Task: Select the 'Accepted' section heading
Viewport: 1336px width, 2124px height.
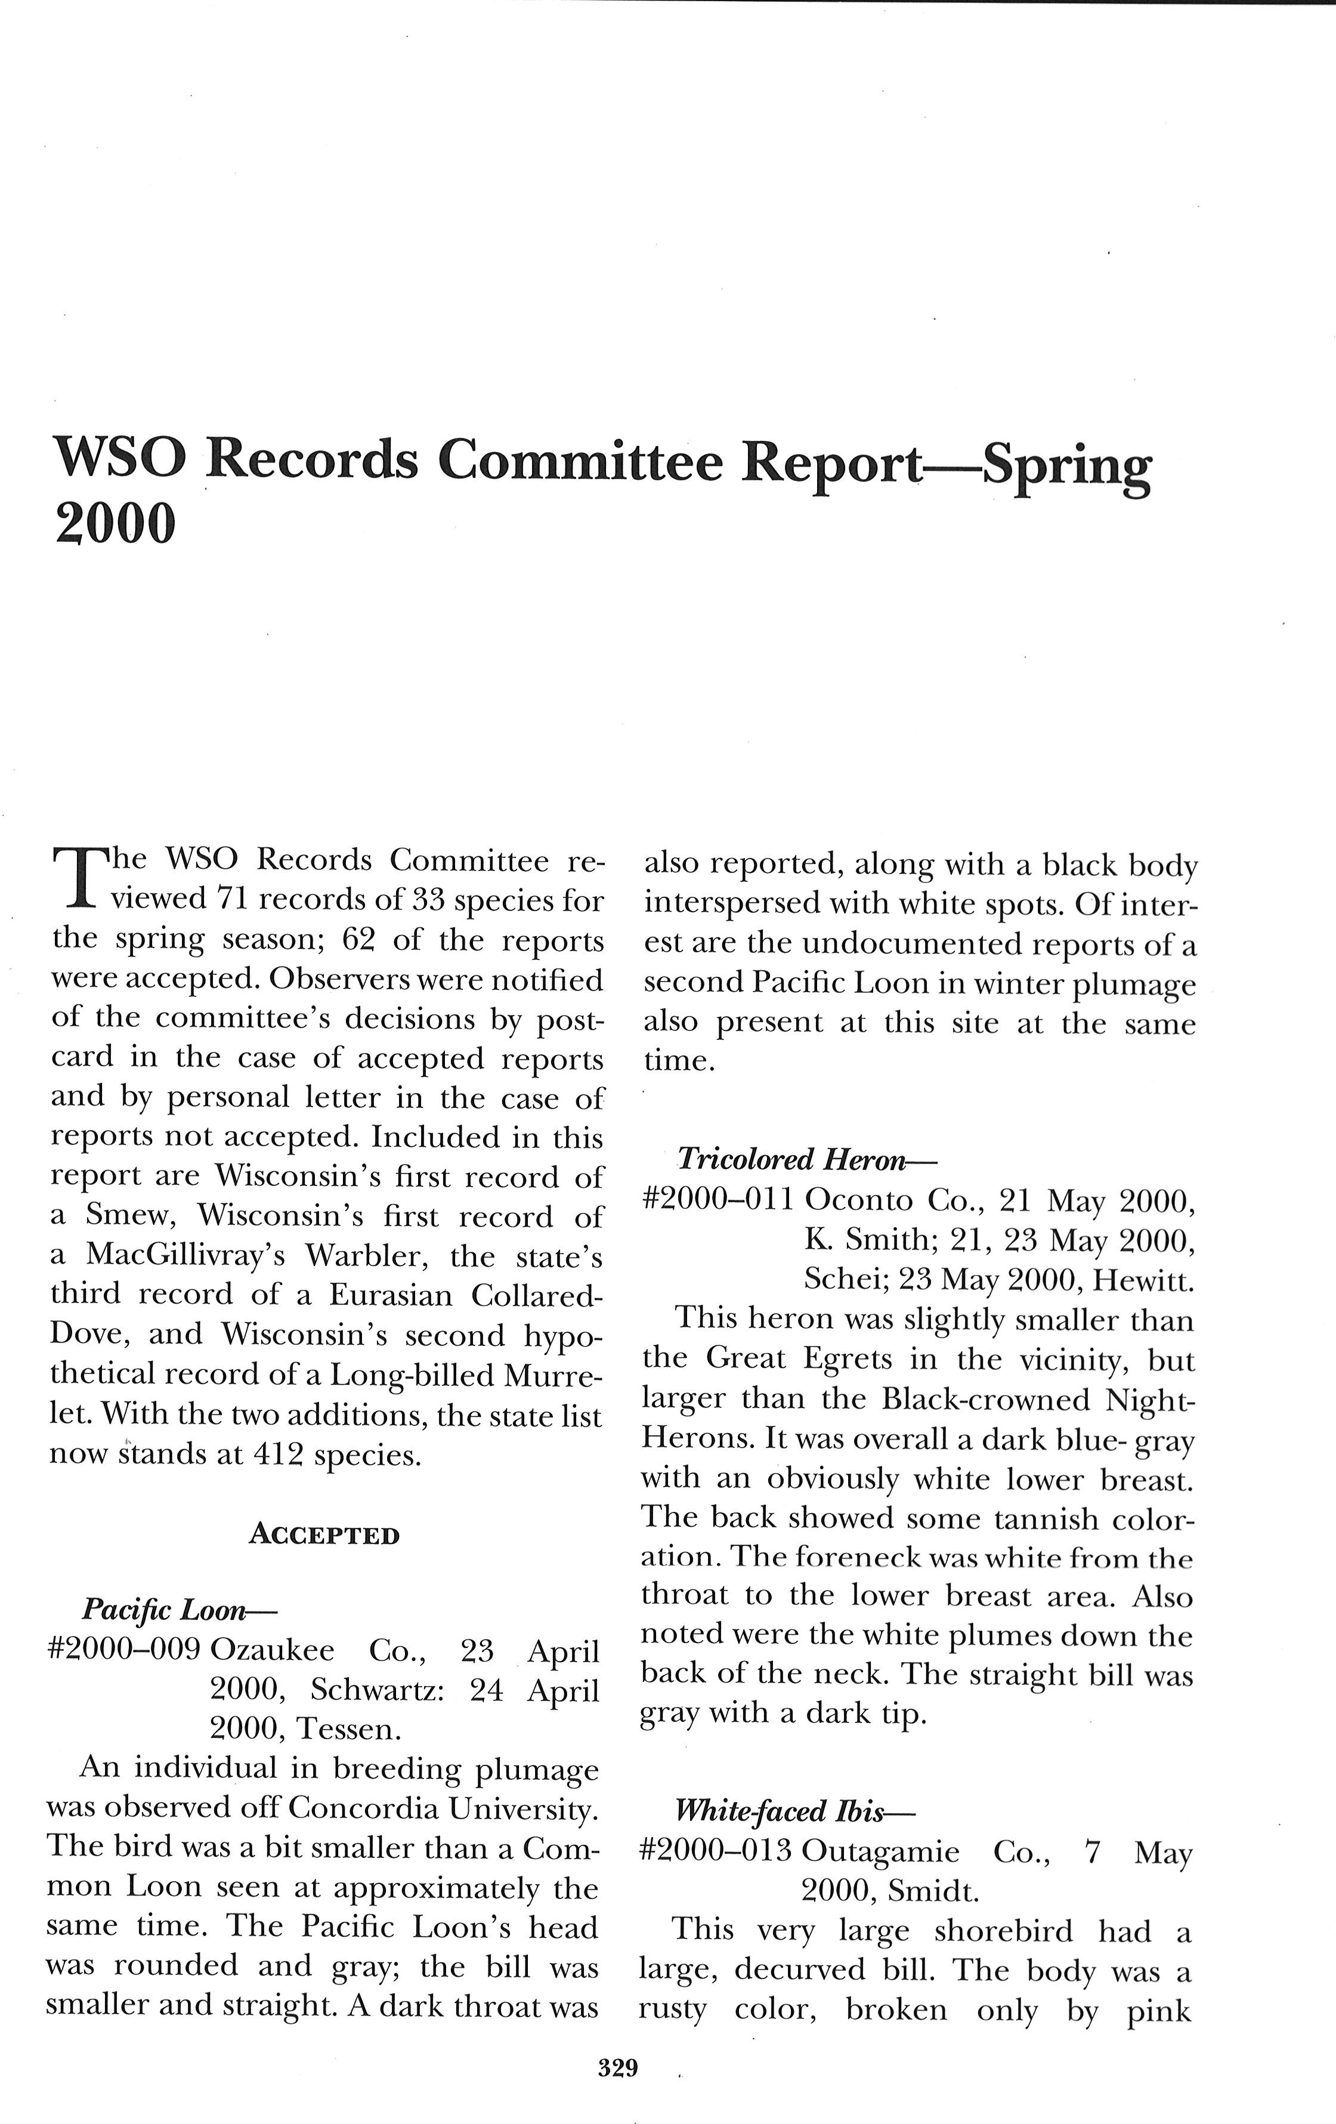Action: click(324, 1536)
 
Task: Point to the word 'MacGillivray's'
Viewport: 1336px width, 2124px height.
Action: click(186, 1255)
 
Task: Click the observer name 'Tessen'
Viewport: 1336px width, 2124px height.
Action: click(346, 1729)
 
